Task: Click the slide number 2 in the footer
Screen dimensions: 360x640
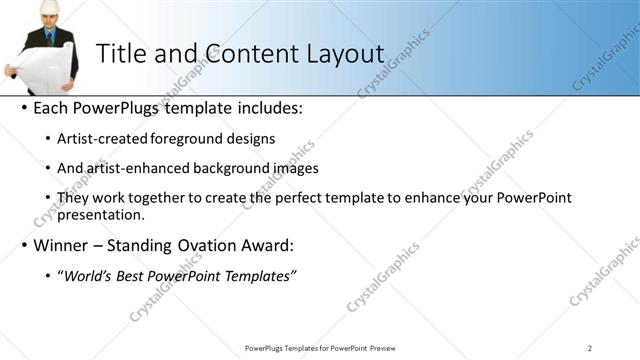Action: [590, 348]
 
